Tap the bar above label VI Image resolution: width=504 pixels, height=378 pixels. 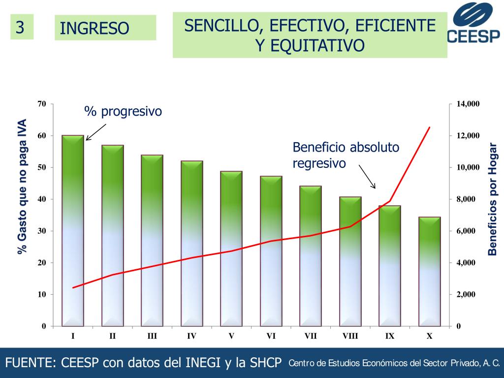(x=271, y=251)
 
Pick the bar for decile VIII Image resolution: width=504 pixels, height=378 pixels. (x=350, y=261)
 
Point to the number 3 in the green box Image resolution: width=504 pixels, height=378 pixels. (x=20, y=27)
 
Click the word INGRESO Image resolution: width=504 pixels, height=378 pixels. (x=94, y=29)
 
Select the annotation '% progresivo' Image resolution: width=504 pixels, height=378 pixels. (x=123, y=112)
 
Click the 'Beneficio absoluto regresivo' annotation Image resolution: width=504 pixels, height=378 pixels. (x=346, y=155)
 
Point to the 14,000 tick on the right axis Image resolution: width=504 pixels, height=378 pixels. (x=468, y=104)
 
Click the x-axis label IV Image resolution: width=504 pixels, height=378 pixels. (x=191, y=336)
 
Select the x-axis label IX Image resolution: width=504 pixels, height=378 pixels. (x=389, y=336)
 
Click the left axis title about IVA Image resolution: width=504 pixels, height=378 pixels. (x=22, y=187)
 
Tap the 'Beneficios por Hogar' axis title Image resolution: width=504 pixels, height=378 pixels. (x=492, y=199)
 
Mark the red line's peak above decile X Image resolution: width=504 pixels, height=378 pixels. (x=430, y=127)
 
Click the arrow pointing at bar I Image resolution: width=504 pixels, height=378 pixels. (x=96, y=131)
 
